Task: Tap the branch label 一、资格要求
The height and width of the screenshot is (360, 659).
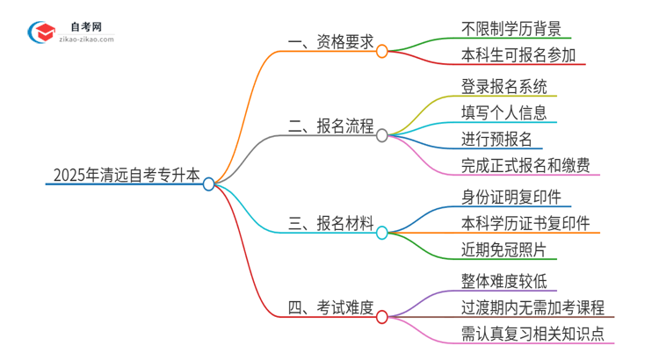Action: tap(330, 41)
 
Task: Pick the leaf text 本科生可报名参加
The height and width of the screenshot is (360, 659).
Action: tap(518, 56)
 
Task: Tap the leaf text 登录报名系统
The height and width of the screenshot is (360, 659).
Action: tap(503, 86)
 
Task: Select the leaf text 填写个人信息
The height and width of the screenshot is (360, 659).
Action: tap(503, 112)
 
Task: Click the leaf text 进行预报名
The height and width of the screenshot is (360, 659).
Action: tap(496, 139)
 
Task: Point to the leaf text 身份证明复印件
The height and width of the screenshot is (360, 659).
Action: tap(511, 196)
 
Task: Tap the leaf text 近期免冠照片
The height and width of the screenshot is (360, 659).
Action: tap(503, 249)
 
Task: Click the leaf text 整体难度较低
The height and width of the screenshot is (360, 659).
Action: tap(503, 280)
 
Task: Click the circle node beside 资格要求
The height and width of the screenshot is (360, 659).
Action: tap(381, 51)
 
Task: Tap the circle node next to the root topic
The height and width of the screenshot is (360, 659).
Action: tap(208, 184)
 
